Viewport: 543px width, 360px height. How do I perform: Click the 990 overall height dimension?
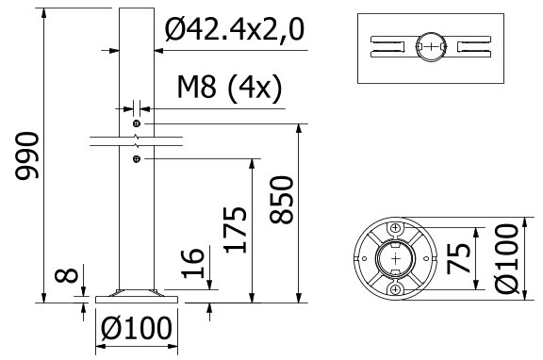[26, 155]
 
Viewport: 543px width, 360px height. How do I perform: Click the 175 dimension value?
[236, 230]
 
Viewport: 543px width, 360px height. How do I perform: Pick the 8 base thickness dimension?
[62, 277]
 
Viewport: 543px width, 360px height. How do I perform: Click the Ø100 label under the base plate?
[137, 329]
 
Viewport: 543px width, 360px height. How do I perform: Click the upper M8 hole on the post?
[138, 124]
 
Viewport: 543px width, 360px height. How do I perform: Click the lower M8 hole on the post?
[138, 159]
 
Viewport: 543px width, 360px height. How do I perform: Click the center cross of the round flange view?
[396, 258]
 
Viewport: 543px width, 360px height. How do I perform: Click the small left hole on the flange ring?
[360, 258]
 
